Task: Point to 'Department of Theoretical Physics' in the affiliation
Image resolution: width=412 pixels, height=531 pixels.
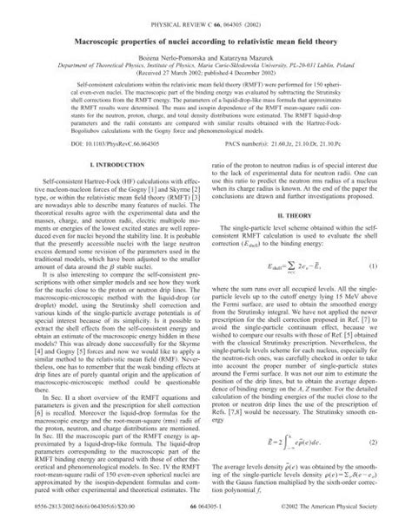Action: pos(96,65)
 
